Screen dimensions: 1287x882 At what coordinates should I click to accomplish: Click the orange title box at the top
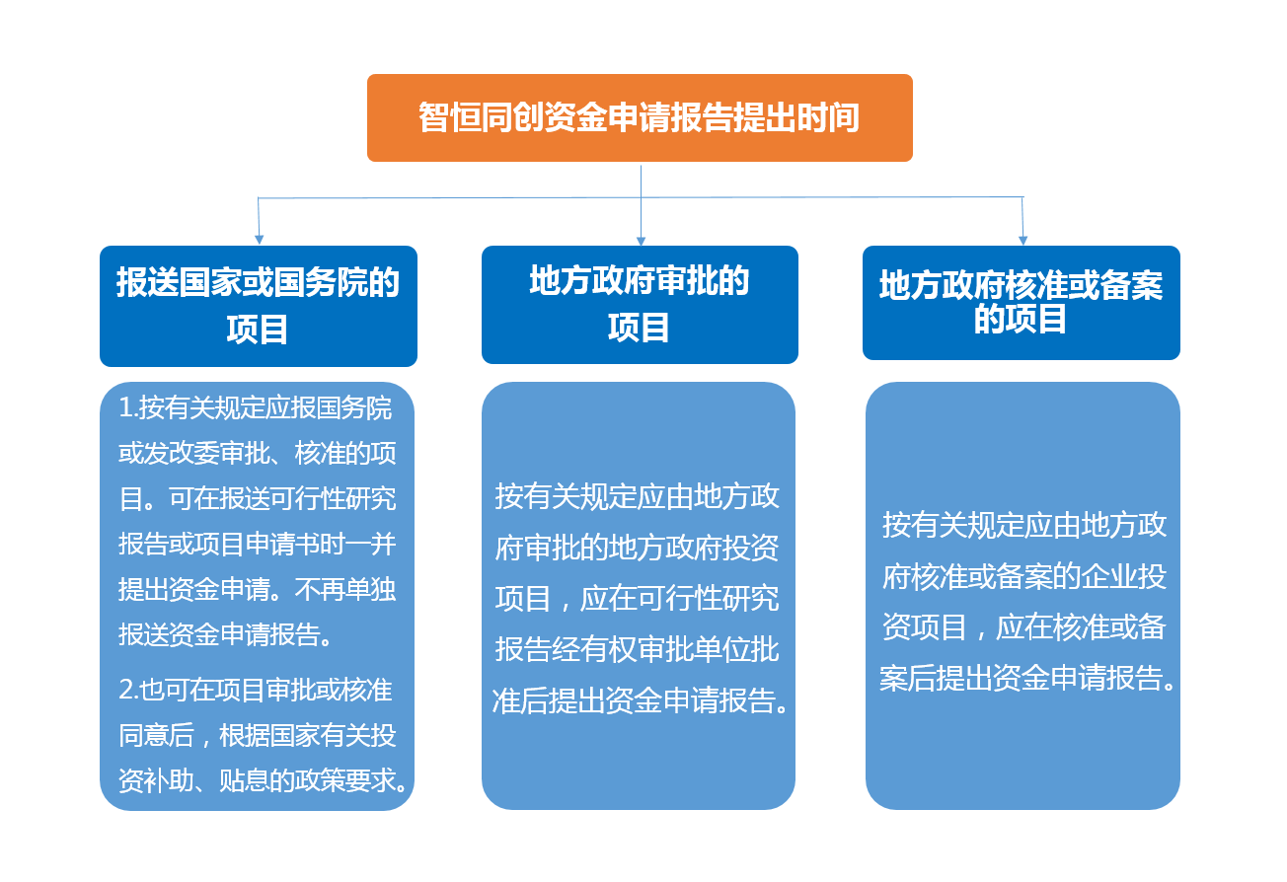(640, 117)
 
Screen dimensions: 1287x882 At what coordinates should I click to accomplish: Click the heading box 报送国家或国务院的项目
(259, 306)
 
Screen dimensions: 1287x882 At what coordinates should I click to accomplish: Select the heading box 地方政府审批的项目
(640, 305)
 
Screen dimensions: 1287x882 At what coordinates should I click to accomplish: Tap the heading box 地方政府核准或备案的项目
(1021, 303)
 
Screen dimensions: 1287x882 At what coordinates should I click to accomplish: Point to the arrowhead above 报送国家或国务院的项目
(260, 239)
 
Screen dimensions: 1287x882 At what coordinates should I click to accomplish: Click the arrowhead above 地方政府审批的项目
(642, 241)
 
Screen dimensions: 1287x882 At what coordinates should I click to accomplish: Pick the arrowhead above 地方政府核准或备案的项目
(1022, 240)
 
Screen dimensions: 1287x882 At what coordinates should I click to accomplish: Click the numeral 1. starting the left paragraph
(127, 408)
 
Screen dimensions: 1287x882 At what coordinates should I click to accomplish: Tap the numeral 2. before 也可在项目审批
(128, 690)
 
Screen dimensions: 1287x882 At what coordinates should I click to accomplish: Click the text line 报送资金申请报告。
(225, 634)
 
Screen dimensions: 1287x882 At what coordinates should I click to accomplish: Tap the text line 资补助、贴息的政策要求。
(264, 779)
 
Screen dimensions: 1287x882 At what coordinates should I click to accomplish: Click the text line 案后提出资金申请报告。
(1027, 678)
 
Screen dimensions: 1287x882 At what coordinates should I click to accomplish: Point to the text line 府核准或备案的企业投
(1024, 576)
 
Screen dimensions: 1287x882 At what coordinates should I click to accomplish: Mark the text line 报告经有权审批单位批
(638, 649)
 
